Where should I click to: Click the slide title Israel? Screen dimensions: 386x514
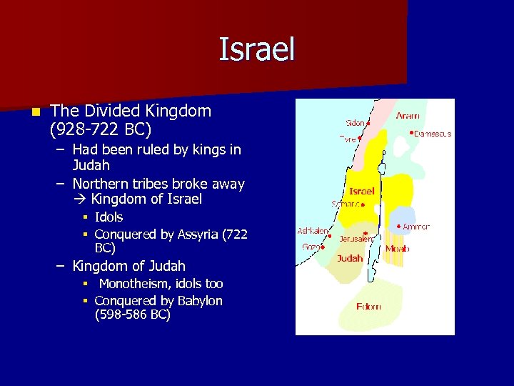[256, 49]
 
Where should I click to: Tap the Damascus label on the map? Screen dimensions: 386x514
[433, 134]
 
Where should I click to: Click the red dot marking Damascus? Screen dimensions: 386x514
[412, 132]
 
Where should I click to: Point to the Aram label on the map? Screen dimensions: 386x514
[408, 115]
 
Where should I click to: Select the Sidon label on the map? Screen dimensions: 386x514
[355, 123]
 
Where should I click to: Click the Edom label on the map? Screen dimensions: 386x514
[368, 307]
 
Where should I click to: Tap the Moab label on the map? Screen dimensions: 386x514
[397, 249]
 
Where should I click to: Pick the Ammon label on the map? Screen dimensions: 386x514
[416, 227]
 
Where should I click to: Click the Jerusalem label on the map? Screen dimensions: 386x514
[356, 239]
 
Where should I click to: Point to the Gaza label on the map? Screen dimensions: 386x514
[311, 247]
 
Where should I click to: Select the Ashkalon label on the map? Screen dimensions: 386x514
[313, 231]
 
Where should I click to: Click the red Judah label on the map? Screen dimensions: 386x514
[350, 258]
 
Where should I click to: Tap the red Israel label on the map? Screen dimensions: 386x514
[361, 192]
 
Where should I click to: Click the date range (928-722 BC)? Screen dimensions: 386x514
[101, 130]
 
